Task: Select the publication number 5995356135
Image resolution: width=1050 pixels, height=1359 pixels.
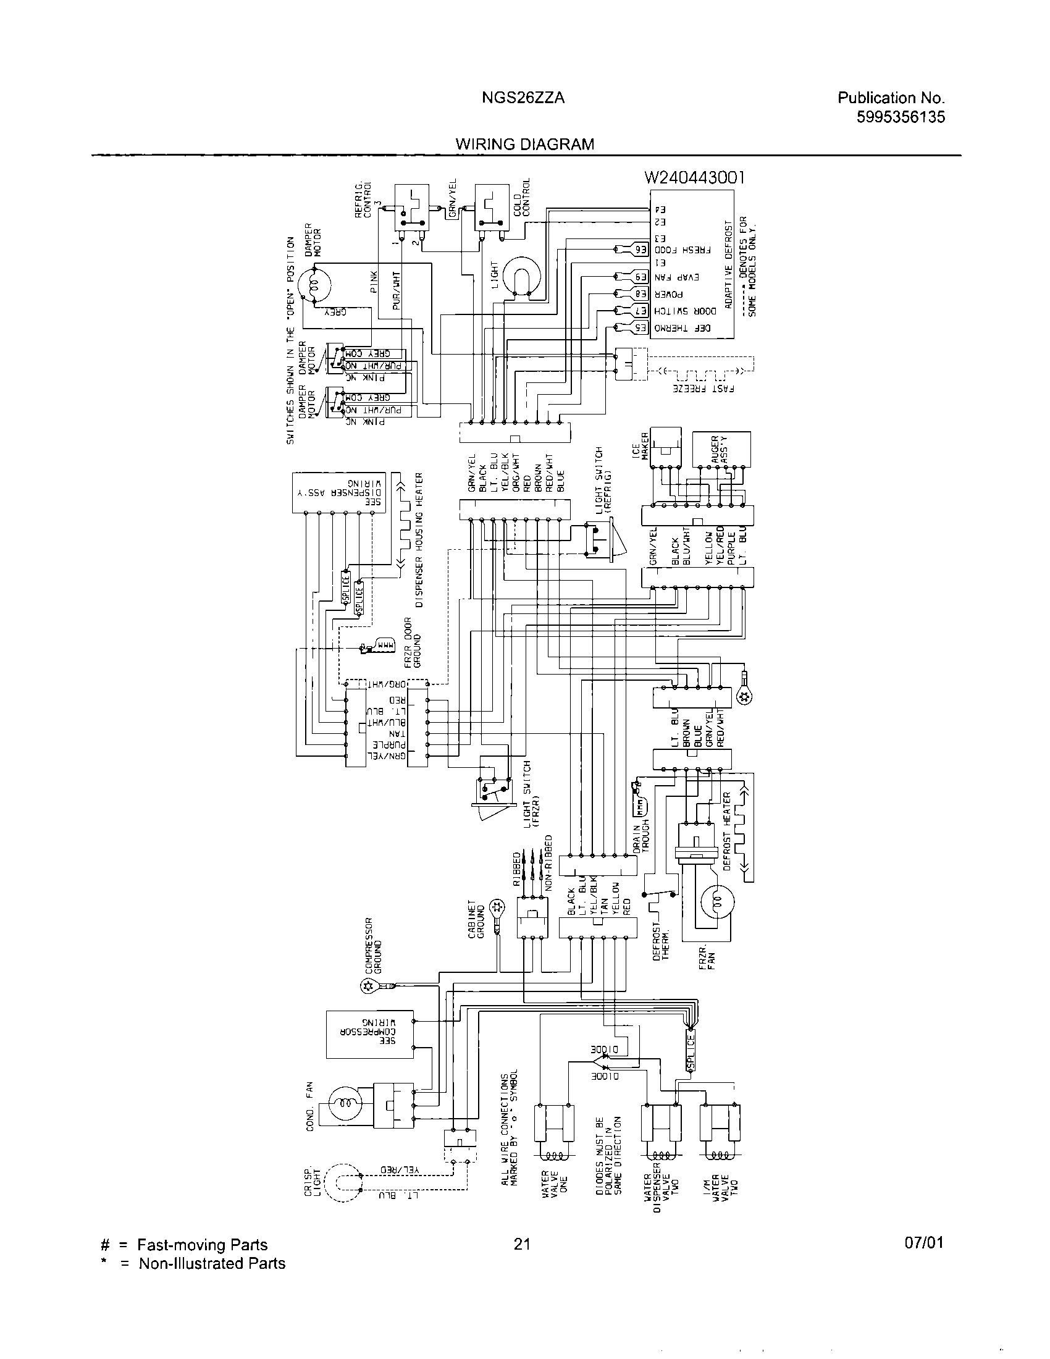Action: [900, 117]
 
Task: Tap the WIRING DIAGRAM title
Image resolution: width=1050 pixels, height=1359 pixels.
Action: [524, 145]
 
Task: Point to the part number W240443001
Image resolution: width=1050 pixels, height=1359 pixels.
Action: [694, 177]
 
